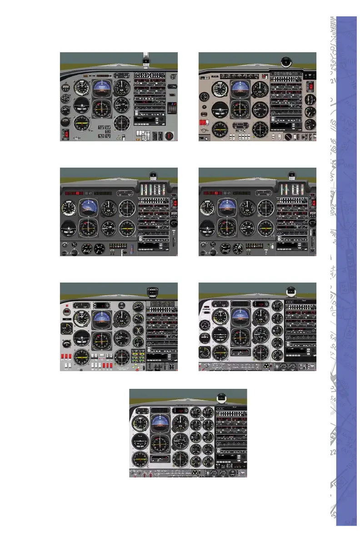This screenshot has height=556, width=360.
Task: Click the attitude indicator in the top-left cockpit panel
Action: (102, 88)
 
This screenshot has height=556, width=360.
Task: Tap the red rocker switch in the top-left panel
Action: (66, 134)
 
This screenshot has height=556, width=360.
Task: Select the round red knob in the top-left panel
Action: (170, 135)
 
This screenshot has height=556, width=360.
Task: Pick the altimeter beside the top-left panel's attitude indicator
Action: (122, 88)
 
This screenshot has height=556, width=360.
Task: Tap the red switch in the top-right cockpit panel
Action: (311, 87)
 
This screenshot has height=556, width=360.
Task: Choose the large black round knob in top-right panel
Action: (288, 136)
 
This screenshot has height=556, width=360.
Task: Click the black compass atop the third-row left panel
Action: (152, 291)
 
